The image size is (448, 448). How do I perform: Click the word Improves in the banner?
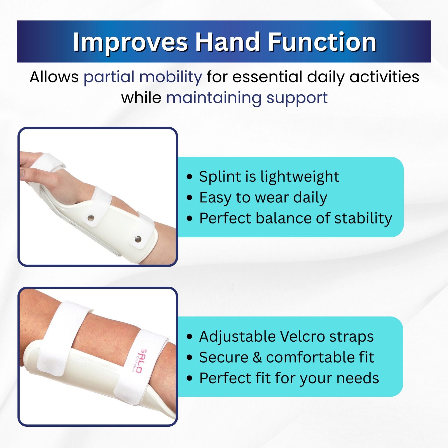point(130,43)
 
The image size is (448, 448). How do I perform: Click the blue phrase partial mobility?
point(143,77)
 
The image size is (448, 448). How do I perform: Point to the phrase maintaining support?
point(247,98)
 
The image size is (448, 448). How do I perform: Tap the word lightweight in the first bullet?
point(300,177)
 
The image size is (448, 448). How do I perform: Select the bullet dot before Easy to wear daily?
point(190,197)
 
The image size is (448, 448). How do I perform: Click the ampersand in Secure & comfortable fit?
point(257,358)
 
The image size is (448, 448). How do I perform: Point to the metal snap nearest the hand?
point(91,218)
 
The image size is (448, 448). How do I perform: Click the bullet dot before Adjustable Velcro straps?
point(190,336)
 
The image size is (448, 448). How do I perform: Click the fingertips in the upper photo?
point(22,174)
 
